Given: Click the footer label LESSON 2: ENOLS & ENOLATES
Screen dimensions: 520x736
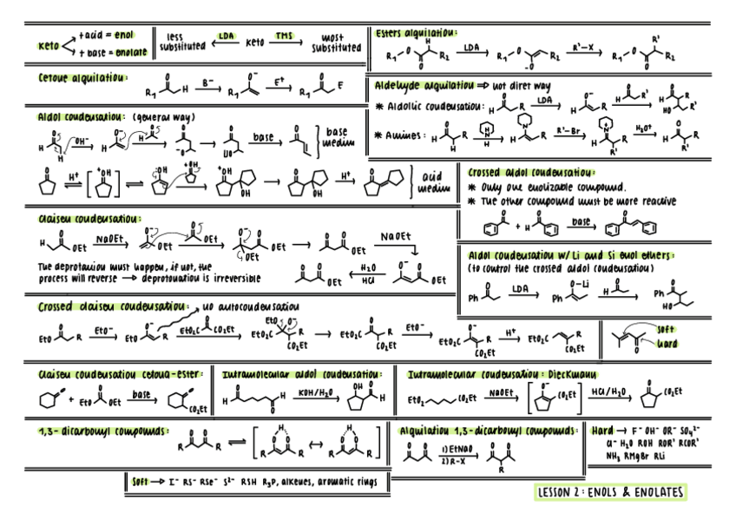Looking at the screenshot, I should click(x=610, y=492).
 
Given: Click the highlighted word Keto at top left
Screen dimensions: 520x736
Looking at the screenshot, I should click(x=49, y=45).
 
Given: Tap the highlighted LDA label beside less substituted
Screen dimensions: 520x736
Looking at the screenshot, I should click(x=227, y=36).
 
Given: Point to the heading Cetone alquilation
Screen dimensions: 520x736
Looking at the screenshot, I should click(x=82, y=77).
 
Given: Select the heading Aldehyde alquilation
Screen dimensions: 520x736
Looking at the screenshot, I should click(x=430, y=86).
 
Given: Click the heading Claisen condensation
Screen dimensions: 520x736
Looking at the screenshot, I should click(x=89, y=220).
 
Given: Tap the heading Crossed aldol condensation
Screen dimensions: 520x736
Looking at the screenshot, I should click(x=530, y=173).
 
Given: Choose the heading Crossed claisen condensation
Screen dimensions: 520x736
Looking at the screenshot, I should click(x=111, y=306).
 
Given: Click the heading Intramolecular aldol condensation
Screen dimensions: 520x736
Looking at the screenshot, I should click(x=302, y=374).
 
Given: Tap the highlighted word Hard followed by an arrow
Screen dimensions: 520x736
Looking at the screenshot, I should click(x=603, y=430).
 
